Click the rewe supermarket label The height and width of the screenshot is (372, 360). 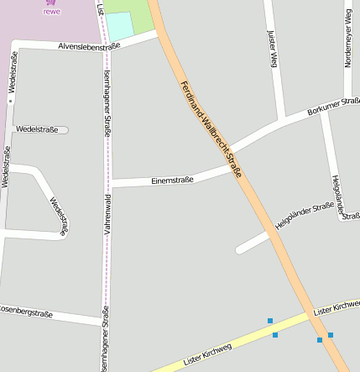pos(52,12)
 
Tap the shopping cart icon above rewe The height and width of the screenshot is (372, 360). pos(52,3)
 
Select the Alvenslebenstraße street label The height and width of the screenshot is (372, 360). pos(88,46)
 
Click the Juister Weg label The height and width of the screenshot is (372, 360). pos(272,49)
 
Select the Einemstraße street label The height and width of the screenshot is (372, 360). pos(172,179)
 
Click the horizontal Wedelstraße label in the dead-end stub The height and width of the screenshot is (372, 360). pos(37,129)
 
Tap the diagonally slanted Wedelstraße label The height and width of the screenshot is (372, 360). pos(59,216)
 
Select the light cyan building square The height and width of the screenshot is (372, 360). pos(119,25)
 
